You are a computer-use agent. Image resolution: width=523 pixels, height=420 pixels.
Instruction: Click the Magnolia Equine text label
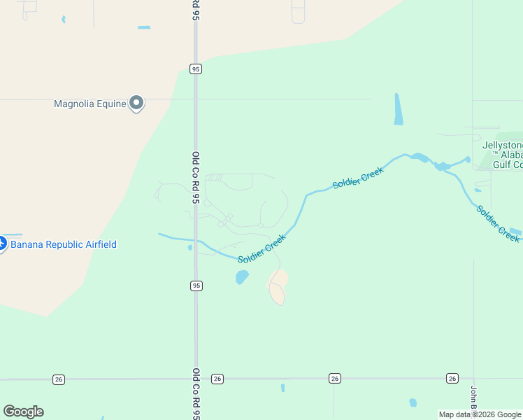(90, 104)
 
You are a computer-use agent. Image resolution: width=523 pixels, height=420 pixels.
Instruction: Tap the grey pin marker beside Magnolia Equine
(137, 103)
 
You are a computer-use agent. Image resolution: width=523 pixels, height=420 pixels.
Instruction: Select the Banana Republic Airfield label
(64, 244)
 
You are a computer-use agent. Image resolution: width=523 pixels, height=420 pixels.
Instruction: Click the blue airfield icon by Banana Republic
(1, 244)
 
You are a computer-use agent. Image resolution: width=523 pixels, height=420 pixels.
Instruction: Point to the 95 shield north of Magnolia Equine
(196, 68)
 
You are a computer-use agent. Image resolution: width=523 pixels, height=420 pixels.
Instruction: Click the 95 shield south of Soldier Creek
(196, 286)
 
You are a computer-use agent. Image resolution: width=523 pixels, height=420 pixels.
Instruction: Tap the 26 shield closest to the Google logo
(58, 379)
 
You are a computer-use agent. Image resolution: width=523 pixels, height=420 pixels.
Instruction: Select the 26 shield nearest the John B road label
(452, 378)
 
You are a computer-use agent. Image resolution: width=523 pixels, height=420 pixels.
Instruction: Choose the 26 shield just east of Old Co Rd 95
(217, 378)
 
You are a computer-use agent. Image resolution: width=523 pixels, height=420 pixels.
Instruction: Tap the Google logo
(23, 412)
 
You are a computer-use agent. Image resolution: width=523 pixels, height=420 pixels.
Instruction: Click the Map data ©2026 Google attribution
(480, 414)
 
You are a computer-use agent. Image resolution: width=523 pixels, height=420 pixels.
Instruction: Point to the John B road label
(473, 399)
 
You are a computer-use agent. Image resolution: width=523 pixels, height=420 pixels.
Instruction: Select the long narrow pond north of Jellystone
(398, 109)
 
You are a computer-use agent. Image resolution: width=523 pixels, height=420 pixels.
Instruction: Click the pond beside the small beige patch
(242, 277)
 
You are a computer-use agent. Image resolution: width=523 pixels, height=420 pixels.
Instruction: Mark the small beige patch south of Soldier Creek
(278, 287)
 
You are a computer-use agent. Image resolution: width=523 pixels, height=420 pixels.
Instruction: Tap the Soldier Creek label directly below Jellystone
(498, 223)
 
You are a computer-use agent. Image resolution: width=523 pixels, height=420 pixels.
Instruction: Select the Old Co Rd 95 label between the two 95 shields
(196, 178)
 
